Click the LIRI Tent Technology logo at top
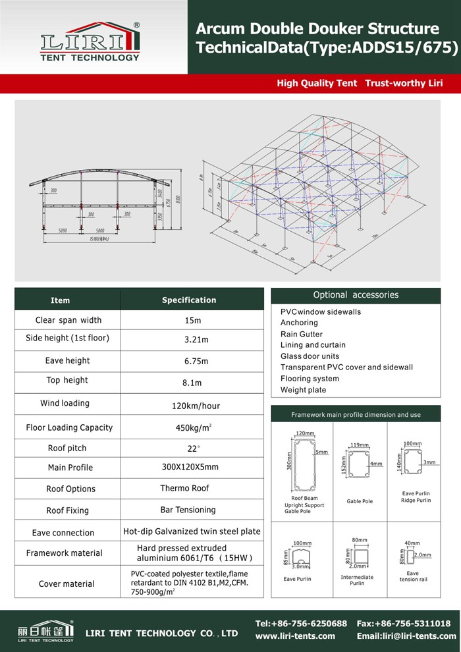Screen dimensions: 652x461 (x=90, y=41)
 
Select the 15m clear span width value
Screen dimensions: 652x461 (x=192, y=321)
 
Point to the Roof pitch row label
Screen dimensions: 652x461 (x=67, y=448)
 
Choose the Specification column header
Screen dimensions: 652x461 (x=189, y=300)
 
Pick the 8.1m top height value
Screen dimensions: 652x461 (x=192, y=383)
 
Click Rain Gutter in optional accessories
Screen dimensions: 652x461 (x=302, y=334)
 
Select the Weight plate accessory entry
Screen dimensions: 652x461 (x=303, y=390)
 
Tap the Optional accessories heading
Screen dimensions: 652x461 (x=356, y=295)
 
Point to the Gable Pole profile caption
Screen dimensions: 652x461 (x=360, y=501)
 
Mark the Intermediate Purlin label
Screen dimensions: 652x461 (x=357, y=580)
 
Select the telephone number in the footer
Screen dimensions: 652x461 (x=301, y=623)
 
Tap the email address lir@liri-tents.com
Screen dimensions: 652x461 (x=406, y=636)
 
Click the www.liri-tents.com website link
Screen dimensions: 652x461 (x=295, y=636)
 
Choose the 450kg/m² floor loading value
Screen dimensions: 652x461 (x=192, y=427)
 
